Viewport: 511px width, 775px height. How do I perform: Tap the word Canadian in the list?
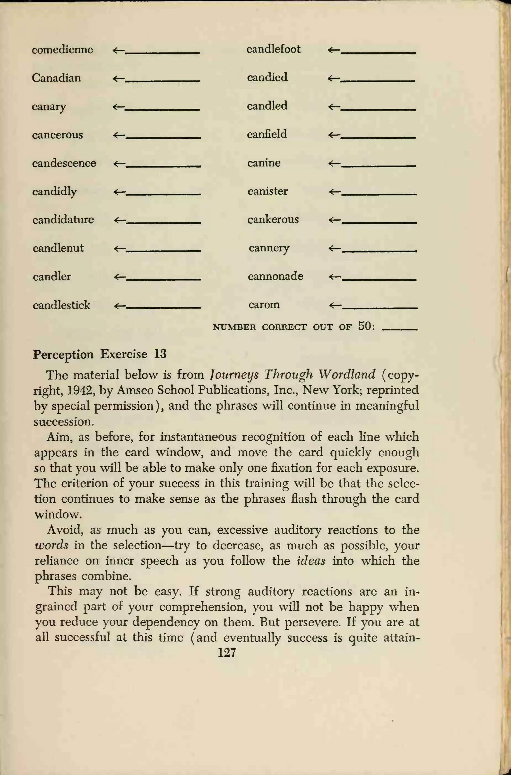(x=56, y=78)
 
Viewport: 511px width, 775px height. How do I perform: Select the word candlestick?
(x=61, y=305)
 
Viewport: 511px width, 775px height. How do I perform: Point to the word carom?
(x=264, y=305)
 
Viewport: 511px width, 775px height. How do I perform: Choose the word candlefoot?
(x=273, y=49)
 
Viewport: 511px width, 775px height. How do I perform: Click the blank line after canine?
(x=378, y=166)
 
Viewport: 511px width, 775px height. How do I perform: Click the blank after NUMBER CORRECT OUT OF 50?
(x=399, y=330)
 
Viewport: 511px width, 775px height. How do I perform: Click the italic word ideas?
(x=311, y=561)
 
